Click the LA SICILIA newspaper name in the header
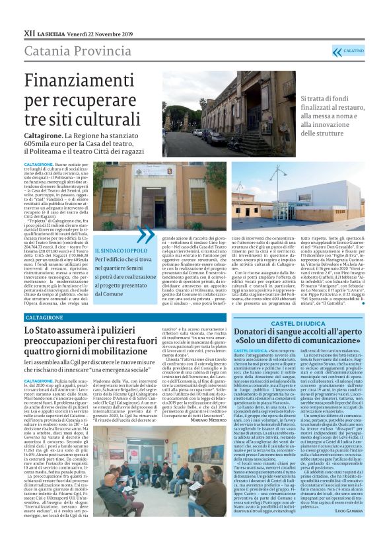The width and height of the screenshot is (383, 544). (57, 32)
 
